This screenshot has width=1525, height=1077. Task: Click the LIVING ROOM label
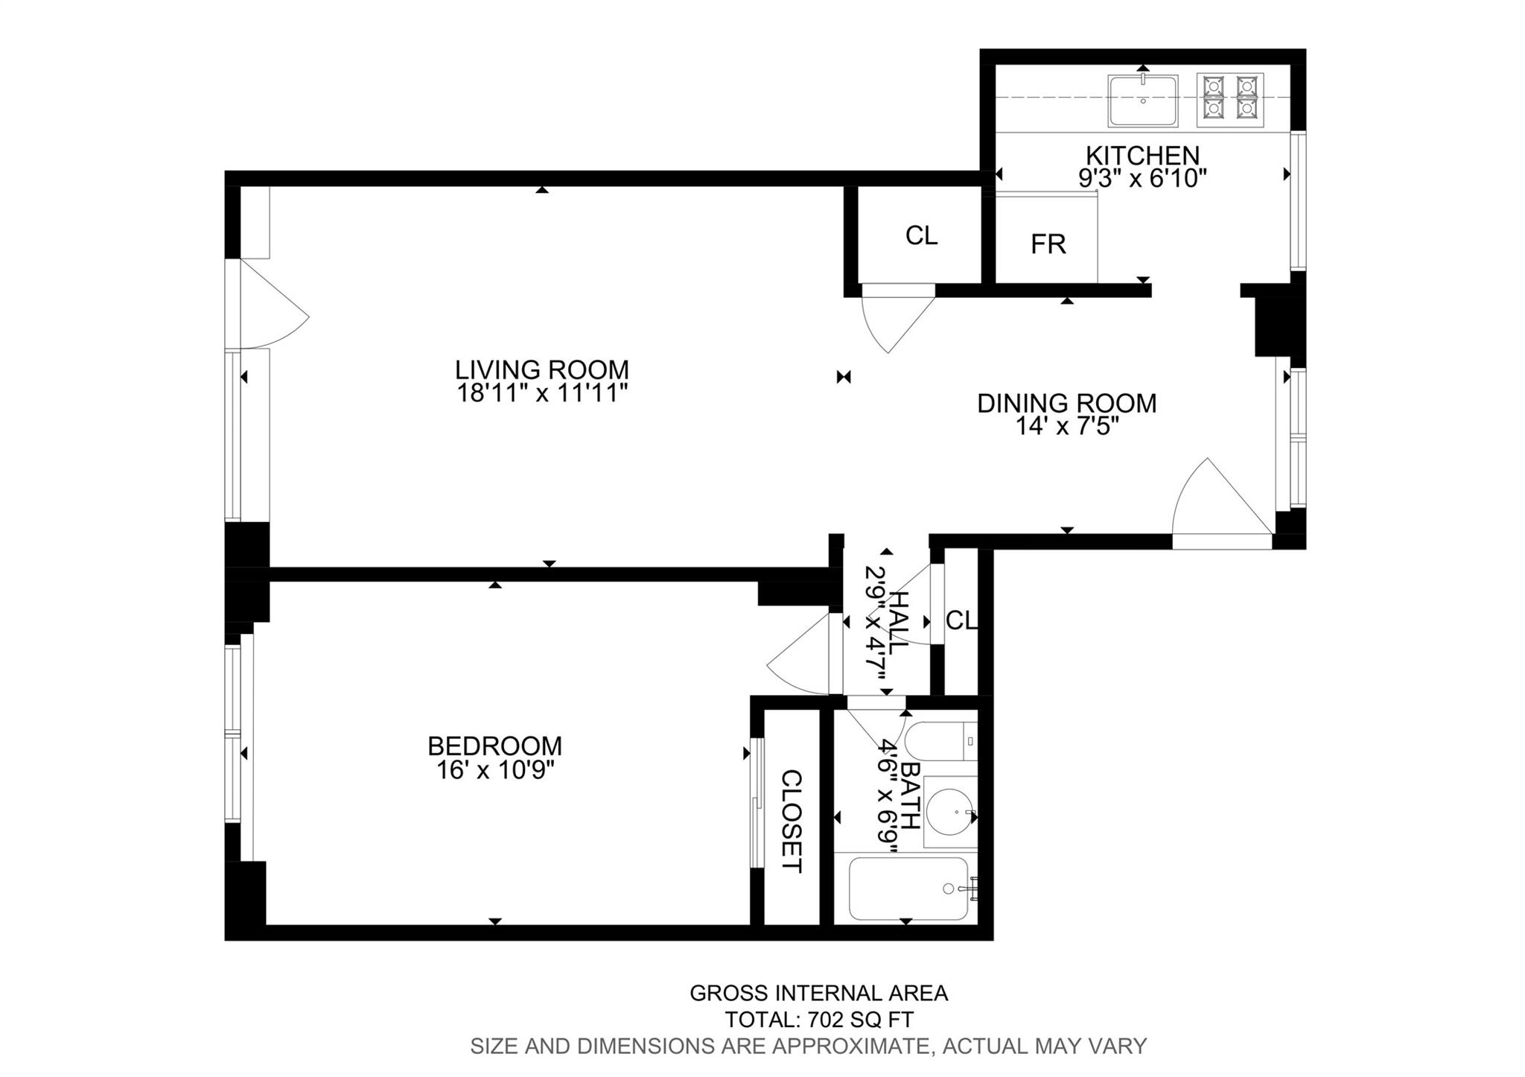(x=542, y=369)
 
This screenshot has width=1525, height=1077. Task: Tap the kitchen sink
(x=1143, y=101)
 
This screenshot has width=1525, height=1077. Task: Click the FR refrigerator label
(x=1048, y=244)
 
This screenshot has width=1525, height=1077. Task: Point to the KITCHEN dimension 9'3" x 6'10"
(x=1142, y=179)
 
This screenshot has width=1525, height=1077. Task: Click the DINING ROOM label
(x=1067, y=403)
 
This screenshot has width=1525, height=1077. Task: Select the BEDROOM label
(x=494, y=746)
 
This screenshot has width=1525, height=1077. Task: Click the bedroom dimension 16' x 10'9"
(x=496, y=769)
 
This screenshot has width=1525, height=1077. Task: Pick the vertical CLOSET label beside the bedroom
(x=792, y=821)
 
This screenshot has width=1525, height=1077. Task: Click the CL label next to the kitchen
(x=921, y=235)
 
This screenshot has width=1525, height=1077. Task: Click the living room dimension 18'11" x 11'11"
(x=542, y=393)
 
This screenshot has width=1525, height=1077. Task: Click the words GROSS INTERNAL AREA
(x=819, y=993)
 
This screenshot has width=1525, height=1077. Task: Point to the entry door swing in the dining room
(x=1222, y=503)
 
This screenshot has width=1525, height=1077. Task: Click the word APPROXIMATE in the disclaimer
(x=851, y=1046)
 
